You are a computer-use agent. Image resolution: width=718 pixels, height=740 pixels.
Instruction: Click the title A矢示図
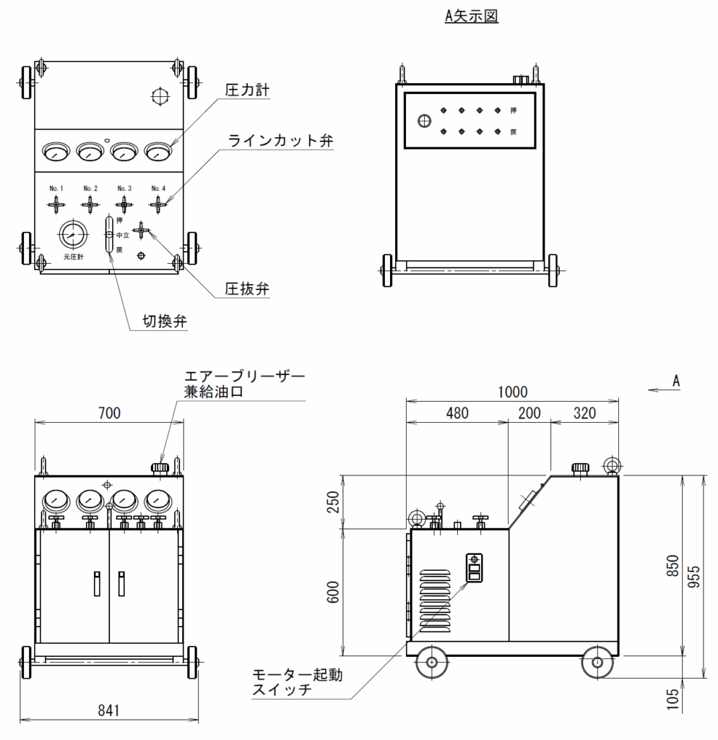471,16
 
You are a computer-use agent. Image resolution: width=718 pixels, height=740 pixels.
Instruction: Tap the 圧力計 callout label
247,90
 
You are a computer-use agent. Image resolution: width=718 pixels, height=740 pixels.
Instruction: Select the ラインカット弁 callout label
280,140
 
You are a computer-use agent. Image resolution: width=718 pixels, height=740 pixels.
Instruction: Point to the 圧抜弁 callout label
247,289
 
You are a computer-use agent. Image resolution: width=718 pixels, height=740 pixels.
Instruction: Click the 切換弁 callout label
165,321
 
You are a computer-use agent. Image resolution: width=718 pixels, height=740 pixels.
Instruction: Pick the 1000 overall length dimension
512,392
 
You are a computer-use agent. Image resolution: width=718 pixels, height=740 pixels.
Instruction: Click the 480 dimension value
457,413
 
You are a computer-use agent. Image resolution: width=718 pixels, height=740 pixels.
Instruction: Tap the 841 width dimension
108,710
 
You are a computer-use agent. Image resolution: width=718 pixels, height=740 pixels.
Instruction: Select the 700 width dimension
109,413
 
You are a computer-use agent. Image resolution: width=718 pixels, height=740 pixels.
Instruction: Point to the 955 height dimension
694,576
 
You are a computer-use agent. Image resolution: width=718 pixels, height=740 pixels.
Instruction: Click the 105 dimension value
673,699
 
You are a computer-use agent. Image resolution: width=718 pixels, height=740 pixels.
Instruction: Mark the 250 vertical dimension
333,502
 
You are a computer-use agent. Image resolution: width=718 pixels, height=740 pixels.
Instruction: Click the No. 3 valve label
124,189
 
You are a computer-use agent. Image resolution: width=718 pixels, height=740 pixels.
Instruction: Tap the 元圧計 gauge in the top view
73,235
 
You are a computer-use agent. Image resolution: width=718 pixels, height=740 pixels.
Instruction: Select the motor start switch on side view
474,568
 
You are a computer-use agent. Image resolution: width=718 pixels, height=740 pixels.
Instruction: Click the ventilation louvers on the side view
435,601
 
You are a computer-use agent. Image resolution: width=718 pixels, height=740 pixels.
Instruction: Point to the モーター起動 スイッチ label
297,682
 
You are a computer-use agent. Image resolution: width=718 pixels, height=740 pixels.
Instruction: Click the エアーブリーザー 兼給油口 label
244,384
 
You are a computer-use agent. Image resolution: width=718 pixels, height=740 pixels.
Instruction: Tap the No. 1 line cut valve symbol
56,205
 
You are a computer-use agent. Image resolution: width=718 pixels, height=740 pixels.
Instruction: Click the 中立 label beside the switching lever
123,235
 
